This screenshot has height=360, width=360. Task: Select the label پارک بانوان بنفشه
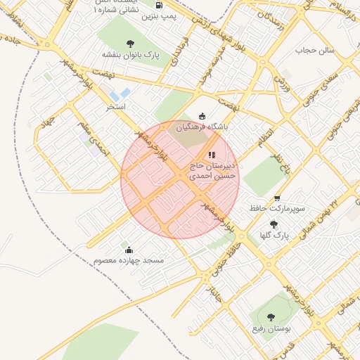(x=129, y=54)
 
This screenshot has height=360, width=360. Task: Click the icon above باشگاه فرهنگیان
(x=203, y=116)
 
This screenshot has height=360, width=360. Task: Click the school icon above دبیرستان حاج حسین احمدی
(x=212, y=155)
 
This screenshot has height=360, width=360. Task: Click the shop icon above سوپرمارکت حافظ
(x=278, y=199)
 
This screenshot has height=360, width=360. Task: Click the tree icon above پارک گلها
(x=274, y=224)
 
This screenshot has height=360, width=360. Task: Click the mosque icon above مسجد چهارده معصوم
(x=129, y=250)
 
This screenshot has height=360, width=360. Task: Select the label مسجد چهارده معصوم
(x=129, y=260)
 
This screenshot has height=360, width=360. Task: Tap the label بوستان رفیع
(x=271, y=328)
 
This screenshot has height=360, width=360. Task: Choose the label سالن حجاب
(x=318, y=51)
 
